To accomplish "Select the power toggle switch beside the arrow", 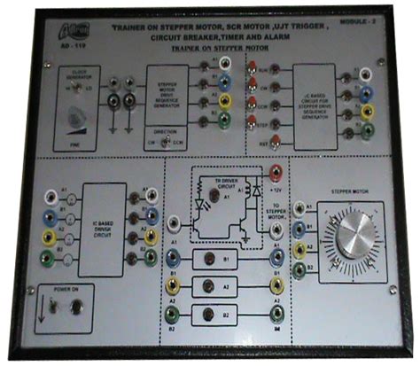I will pyautogui.click(x=56, y=307).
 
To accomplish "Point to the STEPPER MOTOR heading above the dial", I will pyautogui.click(x=348, y=189).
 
